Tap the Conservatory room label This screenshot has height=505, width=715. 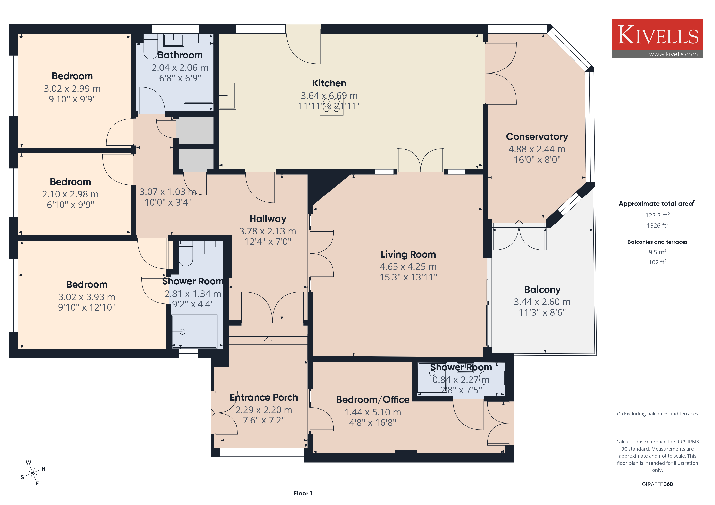pyautogui.click(x=537, y=137)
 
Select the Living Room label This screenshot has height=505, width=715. pyautogui.click(x=408, y=254)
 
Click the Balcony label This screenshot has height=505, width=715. pyautogui.click(x=542, y=290)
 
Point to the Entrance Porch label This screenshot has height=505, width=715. pyautogui.click(x=264, y=397)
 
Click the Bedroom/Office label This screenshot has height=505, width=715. pyautogui.click(x=373, y=400)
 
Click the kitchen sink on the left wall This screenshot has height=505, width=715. pyautogui.click(x=227, y=95)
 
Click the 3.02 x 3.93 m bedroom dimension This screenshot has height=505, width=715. pyautogui.click(x=87, y=297)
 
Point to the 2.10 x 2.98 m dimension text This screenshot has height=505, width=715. pyautogui.click(x=70, y=194)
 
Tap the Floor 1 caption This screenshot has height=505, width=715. pyautogui.click(x=303, y=493)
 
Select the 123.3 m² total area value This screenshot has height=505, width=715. pyautogui.click(x=657, y=215)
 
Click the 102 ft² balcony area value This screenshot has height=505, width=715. pyautogui.click(x=657, y=262)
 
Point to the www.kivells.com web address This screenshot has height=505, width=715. pyautogui.click(x=673, y=54)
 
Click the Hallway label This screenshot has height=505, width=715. pyautogui.click(x=268, y=219)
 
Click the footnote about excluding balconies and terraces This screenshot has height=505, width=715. pyautogui.click(x=657, y=414)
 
